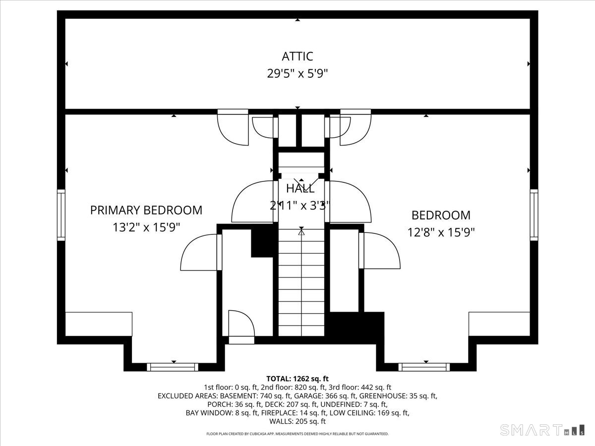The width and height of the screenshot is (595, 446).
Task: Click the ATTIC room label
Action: [297, 56]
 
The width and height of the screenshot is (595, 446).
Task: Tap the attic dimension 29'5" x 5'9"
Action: [297, 73]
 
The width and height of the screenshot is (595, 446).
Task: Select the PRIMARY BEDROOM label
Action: [146, 210]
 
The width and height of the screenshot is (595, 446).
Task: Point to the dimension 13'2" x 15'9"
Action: [146, 227]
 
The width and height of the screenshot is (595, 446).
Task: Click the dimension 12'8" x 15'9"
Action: [441, 232]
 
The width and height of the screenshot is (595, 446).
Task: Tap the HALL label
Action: [300, 189]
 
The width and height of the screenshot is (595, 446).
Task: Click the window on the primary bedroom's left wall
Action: [61, 215]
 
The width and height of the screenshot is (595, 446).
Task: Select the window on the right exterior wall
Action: [534, 215]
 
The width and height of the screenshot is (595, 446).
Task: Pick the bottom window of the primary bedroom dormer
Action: [173, 367]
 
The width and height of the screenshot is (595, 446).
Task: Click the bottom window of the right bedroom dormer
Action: [424, 367]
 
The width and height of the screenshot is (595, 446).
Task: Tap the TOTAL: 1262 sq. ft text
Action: [297, 379]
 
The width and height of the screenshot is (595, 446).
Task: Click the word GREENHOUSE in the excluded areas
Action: [383, 396]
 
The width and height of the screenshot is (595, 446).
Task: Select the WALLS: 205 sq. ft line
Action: [297, 421]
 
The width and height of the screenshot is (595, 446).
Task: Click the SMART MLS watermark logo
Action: [542, 430]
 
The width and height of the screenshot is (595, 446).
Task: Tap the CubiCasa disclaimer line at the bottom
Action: [297, 434]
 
